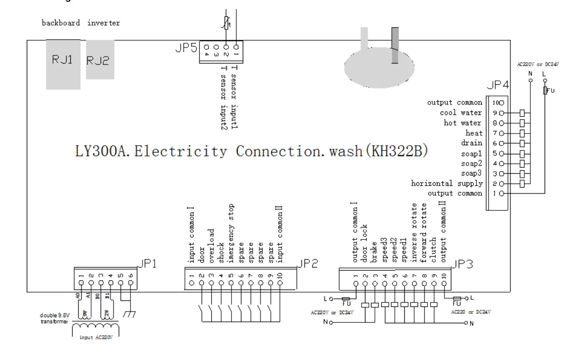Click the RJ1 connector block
click(63, 64)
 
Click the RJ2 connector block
click(100, 60)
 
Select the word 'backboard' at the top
click(60, 23)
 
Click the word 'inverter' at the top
click(104, 23)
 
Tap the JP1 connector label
click(146, 264)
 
